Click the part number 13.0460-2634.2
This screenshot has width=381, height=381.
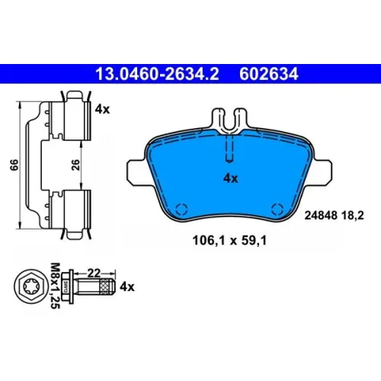click(x=157, y=74)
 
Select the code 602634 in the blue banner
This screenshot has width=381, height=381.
click(x=269, y=74)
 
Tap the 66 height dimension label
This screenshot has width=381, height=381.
click(x=14, y=165)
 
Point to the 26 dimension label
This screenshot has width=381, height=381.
click(x=75, y=165)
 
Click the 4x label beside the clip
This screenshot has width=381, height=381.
click(x=102, y=109)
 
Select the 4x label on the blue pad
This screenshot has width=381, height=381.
click(x=231, y=178)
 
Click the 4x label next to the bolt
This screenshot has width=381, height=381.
click(x=127, y=287)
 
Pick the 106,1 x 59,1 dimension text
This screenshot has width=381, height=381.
click(x=229, y=241)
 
